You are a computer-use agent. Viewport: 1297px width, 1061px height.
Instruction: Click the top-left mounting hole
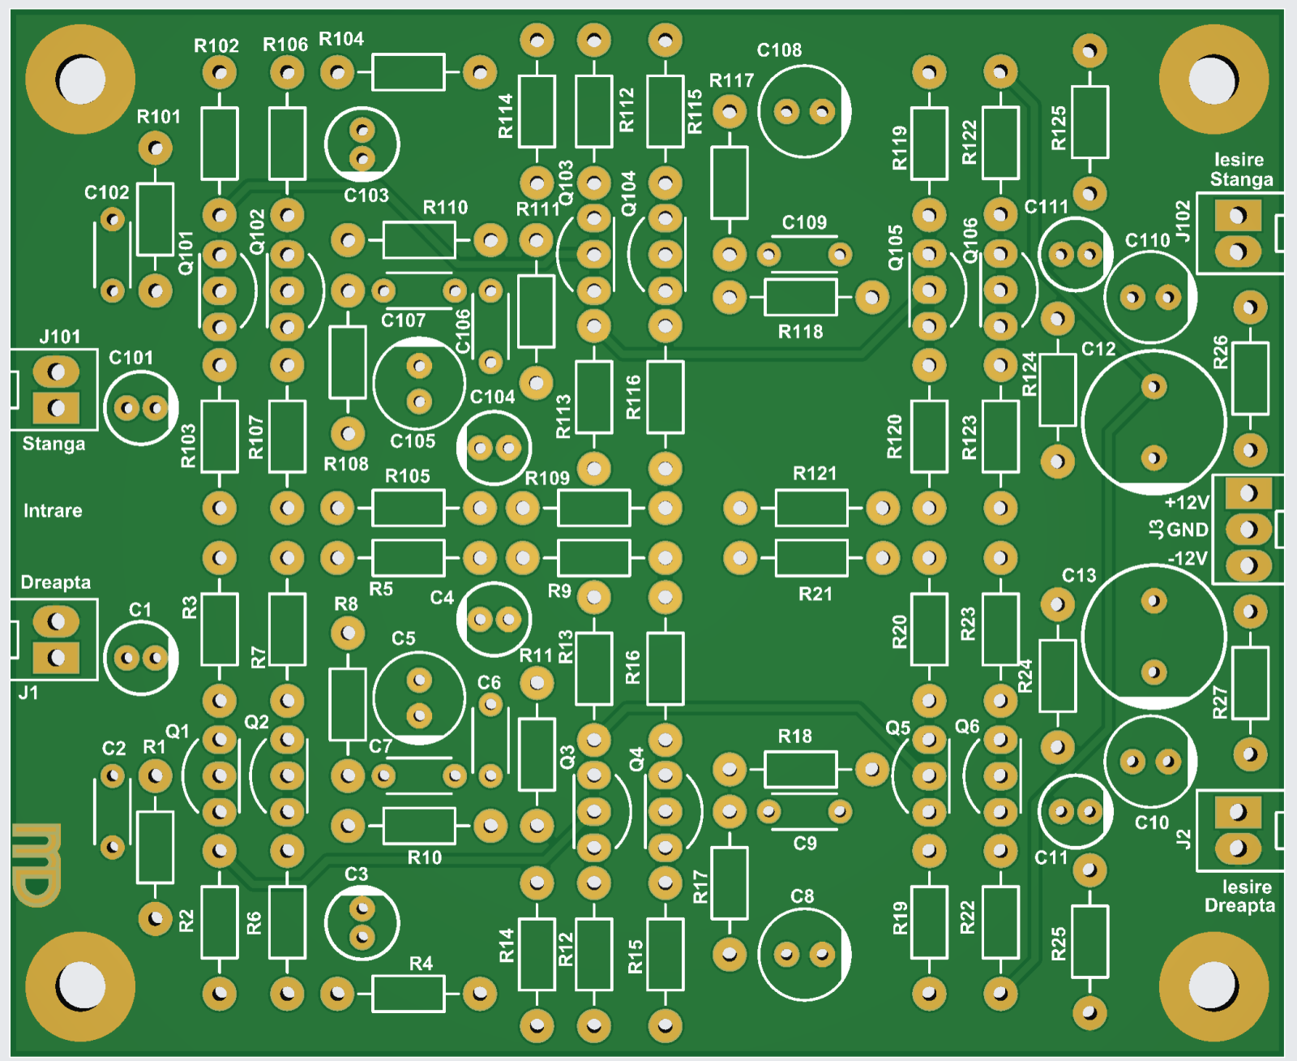coord(80,79)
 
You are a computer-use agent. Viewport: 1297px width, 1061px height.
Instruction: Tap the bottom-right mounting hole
coord(1214,986)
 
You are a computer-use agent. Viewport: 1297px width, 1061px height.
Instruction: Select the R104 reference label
coord(341,39)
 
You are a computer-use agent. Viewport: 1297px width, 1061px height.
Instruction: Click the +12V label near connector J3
coord(1186,503)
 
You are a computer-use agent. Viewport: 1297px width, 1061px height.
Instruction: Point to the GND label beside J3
coord(1188,530)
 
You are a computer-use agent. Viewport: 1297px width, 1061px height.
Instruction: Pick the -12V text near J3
coord(1188,558)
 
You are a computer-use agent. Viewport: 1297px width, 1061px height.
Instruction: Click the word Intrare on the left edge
coord(53,511)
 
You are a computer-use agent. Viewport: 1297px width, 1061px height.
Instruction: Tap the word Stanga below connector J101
coord(54,444)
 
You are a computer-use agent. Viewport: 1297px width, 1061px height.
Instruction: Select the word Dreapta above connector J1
coord(55,582)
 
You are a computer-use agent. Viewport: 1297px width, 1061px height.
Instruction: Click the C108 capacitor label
coord(779,50)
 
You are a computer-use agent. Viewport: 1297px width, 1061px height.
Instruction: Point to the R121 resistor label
coord(814,474)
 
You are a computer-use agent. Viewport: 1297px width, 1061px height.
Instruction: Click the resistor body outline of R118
coord(800,297)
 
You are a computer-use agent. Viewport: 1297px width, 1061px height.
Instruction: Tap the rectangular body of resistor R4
coord(409,994)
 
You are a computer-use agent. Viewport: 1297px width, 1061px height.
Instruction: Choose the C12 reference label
coord(1098,349)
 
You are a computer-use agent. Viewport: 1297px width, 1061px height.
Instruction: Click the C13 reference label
coord(1079,576)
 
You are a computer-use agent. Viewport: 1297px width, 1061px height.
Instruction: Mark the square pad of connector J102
coord(1238,216)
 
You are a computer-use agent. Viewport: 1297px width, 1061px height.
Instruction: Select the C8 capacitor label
coord(802,896)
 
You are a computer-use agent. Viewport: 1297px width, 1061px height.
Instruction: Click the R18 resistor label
coord(794,737)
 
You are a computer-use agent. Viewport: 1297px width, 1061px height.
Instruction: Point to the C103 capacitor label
coord(366,195)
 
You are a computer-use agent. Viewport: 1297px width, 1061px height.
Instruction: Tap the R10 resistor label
coord(424,857)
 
